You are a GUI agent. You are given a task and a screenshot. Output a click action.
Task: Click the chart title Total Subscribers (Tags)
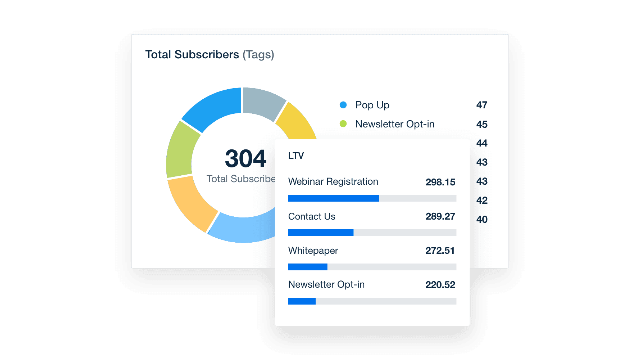(209, 55)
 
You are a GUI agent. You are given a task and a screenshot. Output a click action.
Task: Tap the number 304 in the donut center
(246, 159)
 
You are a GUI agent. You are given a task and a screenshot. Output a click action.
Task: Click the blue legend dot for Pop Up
(343, 105)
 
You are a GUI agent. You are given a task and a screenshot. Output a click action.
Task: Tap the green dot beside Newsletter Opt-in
(343, 124)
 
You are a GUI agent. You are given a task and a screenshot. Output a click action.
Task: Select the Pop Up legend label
(372, 105)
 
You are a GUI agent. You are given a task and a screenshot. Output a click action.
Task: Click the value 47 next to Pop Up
(482, 105)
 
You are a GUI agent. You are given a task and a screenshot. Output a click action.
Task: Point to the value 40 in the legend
(482, 219)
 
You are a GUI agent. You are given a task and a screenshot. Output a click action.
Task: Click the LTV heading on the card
(296, 156)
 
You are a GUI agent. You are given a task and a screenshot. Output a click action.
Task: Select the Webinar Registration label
(333, 182)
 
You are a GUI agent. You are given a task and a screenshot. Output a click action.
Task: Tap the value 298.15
(440, 182)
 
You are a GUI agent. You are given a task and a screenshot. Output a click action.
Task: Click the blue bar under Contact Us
(321, 233)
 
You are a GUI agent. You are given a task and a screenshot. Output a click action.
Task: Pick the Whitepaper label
(313, 251)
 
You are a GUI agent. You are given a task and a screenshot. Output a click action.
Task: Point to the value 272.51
(440, 251)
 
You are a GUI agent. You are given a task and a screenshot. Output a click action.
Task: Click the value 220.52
(440, 285)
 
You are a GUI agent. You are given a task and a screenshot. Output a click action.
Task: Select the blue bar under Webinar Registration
(333, 199)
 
